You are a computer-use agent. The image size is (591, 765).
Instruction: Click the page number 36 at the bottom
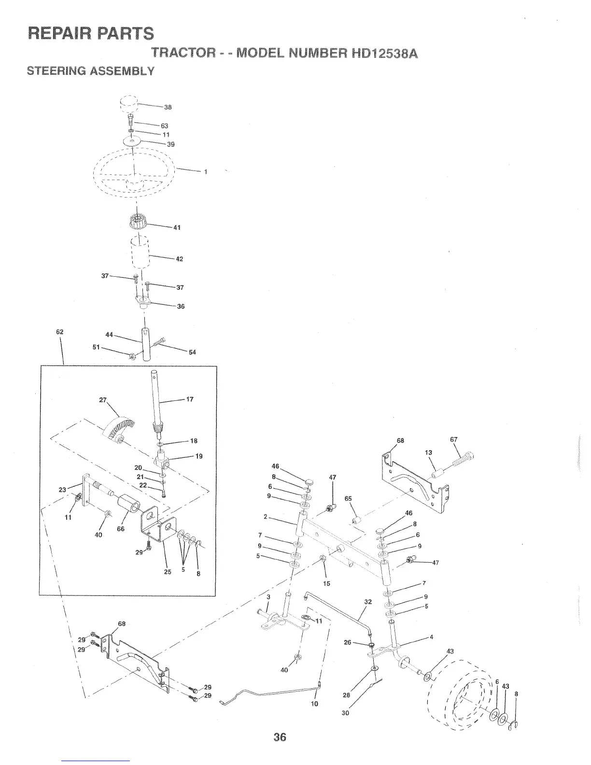coord(280,737)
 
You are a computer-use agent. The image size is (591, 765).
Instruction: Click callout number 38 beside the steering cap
coord(168,107)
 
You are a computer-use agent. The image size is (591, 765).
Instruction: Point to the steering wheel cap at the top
coord(129,103)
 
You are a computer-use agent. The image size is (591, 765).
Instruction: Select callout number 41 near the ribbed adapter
coord(177,227)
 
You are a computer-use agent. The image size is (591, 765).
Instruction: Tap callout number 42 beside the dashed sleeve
coord(179,259)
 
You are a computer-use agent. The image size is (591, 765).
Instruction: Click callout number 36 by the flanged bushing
coord(181,306)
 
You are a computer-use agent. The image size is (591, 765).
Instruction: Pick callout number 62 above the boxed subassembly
coord(60,332)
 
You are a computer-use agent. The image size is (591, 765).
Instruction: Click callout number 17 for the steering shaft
coord(189,399)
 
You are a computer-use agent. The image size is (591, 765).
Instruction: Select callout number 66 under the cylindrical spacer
coord(121,529)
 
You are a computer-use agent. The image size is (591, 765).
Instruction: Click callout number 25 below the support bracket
coord(167,573)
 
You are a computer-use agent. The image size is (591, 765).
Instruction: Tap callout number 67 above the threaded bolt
coord(453,439)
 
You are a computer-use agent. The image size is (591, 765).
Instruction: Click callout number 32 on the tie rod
coord(368,602)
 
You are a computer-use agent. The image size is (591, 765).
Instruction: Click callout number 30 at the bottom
coord(345,713)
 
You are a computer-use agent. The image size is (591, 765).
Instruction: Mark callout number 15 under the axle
coord(326,583)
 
